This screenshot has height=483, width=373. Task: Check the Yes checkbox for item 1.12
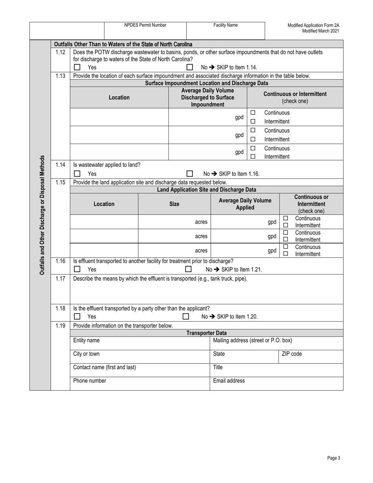[x=77, y=67]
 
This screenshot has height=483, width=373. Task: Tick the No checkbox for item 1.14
[x=190, y=174]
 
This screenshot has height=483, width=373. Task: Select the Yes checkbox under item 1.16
[x=77, y=269]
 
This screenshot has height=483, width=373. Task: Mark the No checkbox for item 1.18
[x=186, y=317]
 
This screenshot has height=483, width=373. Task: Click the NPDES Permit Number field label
[x=145, y=25]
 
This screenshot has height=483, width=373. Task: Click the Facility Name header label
[x=225, y=25]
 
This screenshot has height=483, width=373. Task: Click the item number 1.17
[x=60, y=278]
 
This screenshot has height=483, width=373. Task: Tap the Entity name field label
[x=86, y=340]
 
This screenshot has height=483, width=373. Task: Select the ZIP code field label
[x=292, y=354]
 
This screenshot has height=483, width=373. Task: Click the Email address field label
[x=229, y=381]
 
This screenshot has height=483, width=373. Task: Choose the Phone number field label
[x=90, y=381]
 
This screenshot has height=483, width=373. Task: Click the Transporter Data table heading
[x=207, y=333]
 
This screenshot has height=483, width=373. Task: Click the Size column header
[x=174, y=204]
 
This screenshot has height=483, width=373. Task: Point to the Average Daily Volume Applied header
[x=245, y=204]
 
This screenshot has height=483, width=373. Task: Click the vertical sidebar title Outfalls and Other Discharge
[x=42, y=215]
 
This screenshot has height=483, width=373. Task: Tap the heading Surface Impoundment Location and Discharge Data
[x=207, y=83]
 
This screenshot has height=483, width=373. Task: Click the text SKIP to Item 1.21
[x=241, y=269]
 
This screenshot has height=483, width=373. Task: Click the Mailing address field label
[x=252, y=340]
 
